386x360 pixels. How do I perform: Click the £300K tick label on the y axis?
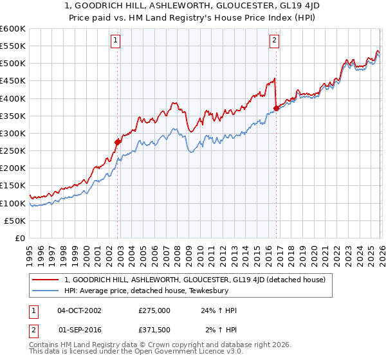[x=12, y=133]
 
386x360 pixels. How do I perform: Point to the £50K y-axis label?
[x=14, y=221]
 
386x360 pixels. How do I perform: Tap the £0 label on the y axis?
[x=20, y=238]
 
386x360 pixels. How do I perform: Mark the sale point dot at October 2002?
[x=118, y=142]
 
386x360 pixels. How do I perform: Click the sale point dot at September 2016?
[x=276, y=109]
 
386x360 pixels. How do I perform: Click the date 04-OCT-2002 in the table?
[x=79, y=310]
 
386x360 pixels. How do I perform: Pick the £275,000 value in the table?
[x=154, y=310]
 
